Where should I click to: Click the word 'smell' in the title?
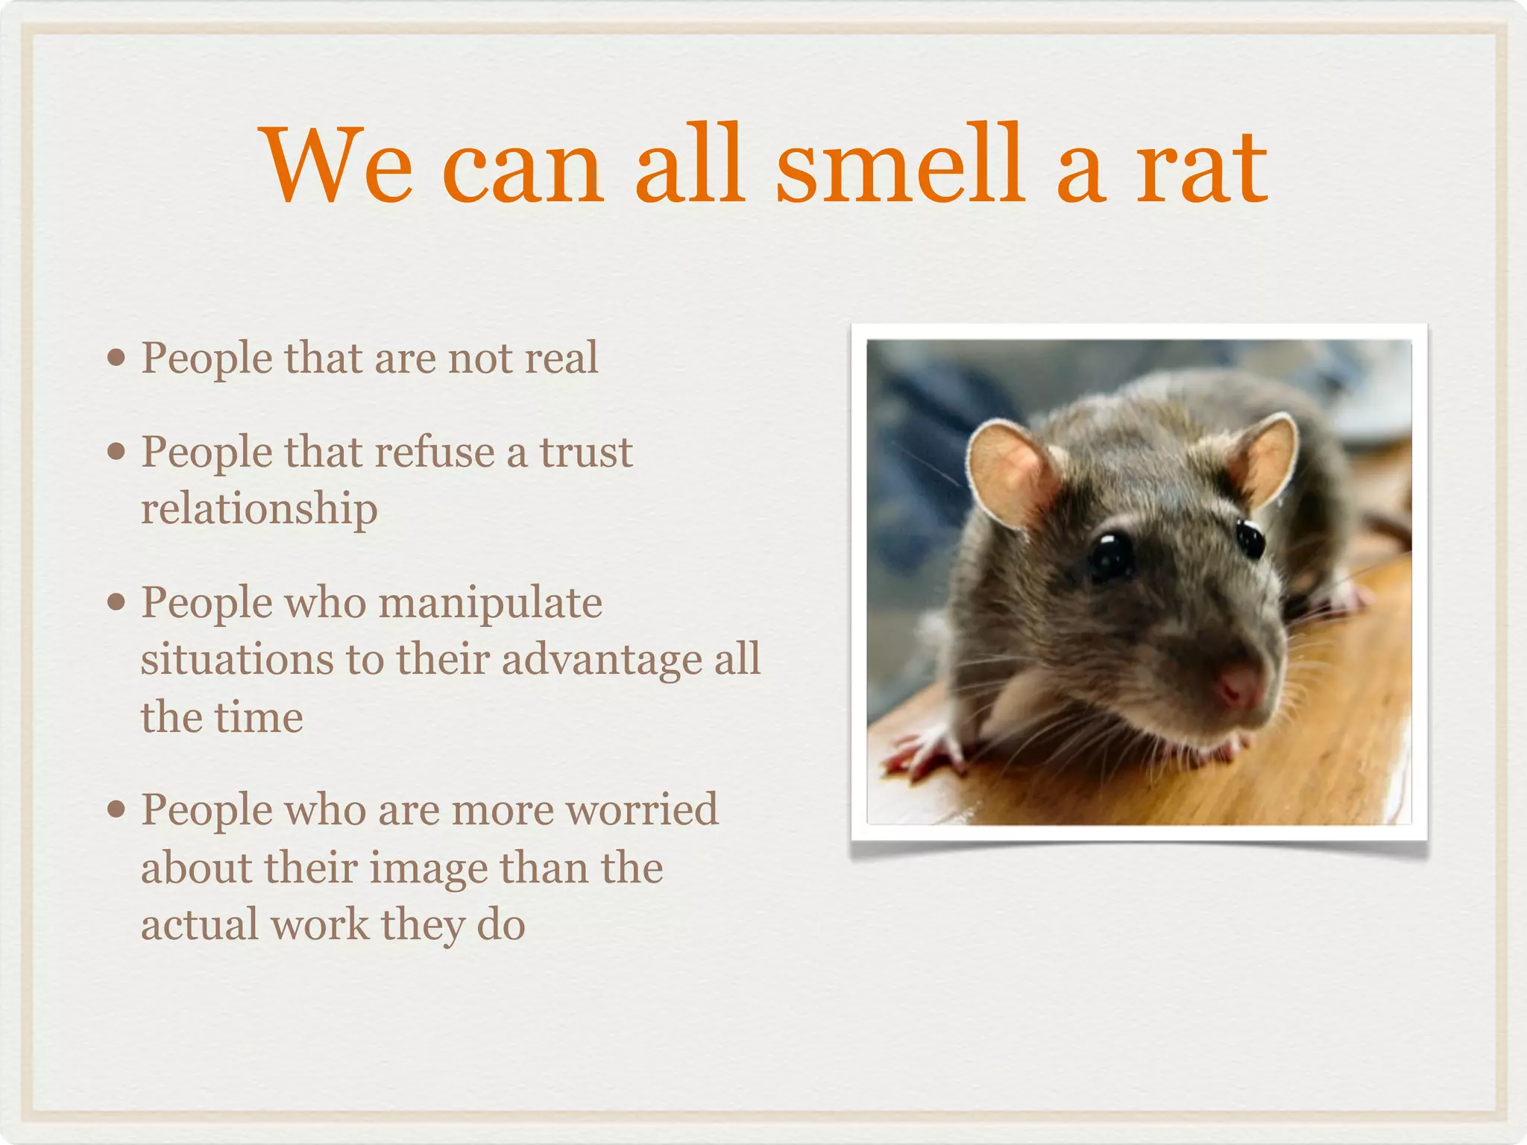[899, 165]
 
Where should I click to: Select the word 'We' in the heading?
[337, 165]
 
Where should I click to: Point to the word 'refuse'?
[435, 452]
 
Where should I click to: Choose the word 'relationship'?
[259, 510]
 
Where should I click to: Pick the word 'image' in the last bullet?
[428, 868]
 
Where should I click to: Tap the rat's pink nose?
[1239, 684]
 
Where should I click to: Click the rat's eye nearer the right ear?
[1250, 538]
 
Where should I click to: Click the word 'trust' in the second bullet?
[585, 452]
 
